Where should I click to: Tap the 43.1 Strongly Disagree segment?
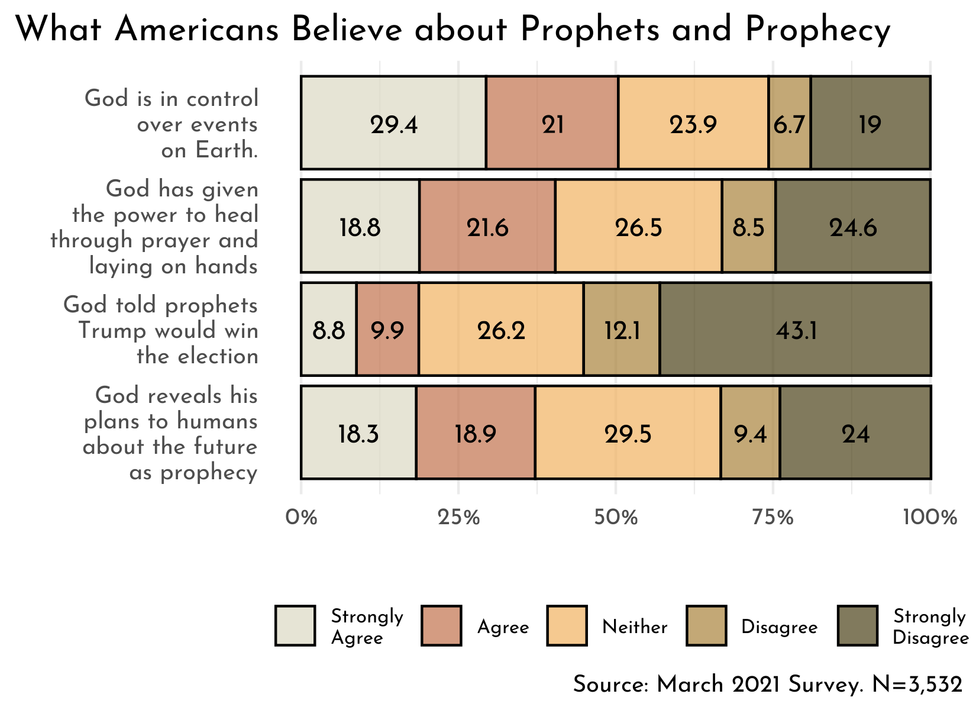point(796,330)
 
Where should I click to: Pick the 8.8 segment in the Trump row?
point(329,330)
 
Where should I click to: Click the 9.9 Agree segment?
point(387,330)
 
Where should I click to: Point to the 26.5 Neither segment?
point(638,227)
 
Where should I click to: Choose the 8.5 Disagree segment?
point(748,227)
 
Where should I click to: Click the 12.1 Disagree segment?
point(622,330)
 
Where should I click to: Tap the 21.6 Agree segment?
point(487,227)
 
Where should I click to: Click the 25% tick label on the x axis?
point(458,518)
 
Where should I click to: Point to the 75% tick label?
point(773,518)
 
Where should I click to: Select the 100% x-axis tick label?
point(930,518)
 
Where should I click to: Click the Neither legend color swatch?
point(567,625)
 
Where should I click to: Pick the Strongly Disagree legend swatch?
point(858,625)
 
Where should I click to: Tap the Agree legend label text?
point(503,627)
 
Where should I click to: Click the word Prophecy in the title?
point(818,30)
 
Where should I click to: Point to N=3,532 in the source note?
point(917,685)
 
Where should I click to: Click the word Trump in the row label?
point(114,330)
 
